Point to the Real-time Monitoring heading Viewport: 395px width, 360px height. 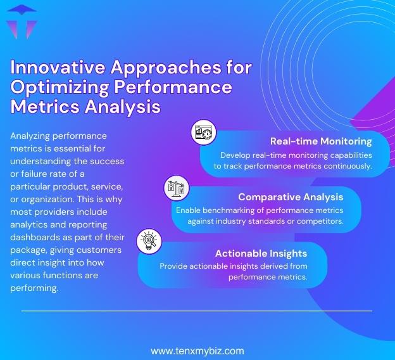(x=320, y=141)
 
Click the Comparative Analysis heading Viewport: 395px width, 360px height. (x=291, y=197)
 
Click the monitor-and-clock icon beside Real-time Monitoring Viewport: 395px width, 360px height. (x=204, y=134)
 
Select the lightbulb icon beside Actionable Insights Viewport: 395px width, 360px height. (x=149, y=241)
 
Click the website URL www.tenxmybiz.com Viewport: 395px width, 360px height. (x=197, y=350)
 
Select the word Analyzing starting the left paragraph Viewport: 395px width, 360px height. (x=32, y=136)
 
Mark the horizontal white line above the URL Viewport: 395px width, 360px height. (x=197, y=311)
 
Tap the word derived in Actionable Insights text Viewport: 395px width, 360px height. (x=273, y=266)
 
